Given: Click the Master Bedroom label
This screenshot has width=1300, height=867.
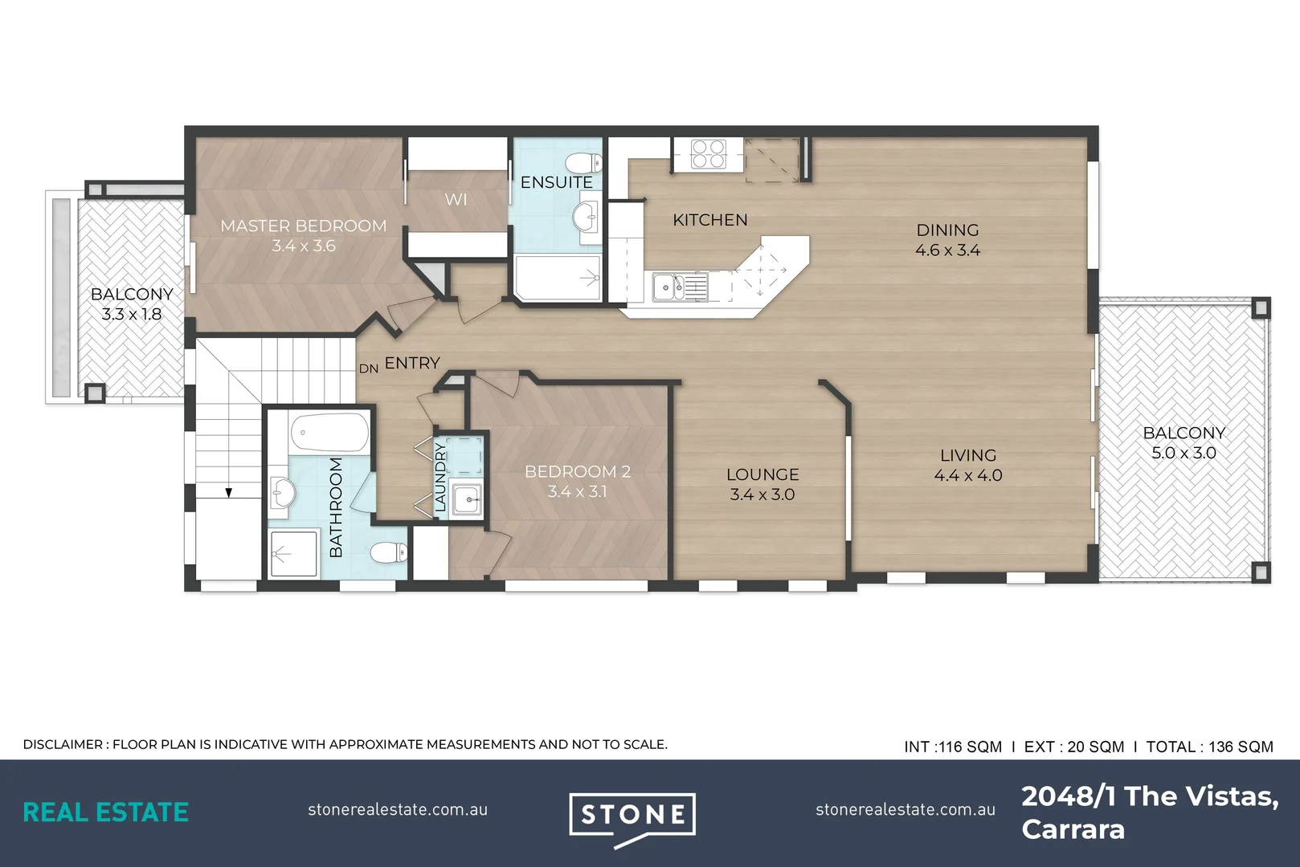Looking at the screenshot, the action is pyautogui.click(x=304, y=226).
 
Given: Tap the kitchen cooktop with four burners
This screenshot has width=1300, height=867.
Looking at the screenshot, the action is pyautogui.click(x=708, y=154).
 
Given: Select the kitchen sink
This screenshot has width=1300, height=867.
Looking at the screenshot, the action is pyautogui.click(x=680, y=287).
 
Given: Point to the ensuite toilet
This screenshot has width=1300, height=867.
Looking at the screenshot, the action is pyautogui.click(x=584, y=162).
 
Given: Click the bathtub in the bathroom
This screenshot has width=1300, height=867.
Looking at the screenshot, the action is pyautogui.click(x=329, y=433).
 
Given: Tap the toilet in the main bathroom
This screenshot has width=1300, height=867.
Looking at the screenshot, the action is pyautogui.click(x=389, y=552).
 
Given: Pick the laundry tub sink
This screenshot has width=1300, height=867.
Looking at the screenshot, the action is pyautogui.click(x=466, y=499).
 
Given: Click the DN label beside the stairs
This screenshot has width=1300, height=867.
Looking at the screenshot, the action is pyautogui.click(x=369, y=368).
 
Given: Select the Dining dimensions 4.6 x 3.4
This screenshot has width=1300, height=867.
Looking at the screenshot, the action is pyautogui.click(x=948, y=250).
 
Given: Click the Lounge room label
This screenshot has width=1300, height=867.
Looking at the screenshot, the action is pyautogui.click(x=762, y=474).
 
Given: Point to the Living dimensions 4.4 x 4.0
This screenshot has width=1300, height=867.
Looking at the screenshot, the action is pyautogui.click(x=968, y=475).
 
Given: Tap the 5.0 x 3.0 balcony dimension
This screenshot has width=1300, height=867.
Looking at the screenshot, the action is pyautogui.click(x=1184, y=452).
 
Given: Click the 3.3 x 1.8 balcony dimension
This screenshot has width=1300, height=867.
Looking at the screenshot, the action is pyautogui.click(x=132, y=314).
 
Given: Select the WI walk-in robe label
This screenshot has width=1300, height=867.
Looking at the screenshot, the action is pyautogui.click(x=456, y=200).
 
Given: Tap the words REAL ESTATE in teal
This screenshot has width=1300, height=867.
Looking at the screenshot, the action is pyautogui.click(x=105, y=812).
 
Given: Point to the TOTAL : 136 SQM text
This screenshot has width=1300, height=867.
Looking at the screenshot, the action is pyautogui.click(x=1210, y=747).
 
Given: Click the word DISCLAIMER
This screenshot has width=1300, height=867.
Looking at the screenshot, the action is pyautogui.click(x=63, y=744).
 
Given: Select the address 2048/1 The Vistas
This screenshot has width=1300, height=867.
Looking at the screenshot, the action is pyautogui.click(x=1150, y=797).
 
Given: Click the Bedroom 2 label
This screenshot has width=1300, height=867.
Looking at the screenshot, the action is pyautogui.click(x=578, y=471).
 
